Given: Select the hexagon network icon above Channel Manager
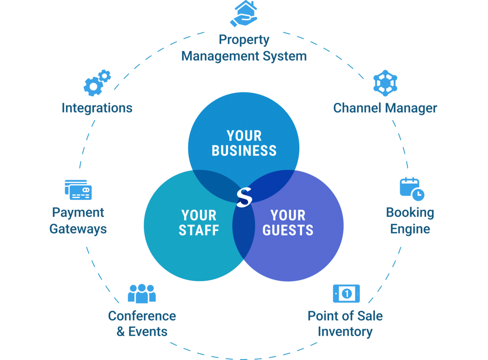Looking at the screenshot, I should (x=385, y=83).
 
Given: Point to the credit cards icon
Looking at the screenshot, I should (x=78, y=190).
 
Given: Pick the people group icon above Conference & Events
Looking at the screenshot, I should (x=142, y=293).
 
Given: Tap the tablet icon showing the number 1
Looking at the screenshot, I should (x=346, y=293).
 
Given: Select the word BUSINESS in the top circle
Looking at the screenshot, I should (x=244, y=151).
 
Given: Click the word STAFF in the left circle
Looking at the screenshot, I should (x=199, y=230).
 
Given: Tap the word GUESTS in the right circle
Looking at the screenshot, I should (x=288, y=230).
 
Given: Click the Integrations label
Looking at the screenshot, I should (x=97, y=108).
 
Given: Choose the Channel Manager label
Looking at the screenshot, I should (x=385, y=108).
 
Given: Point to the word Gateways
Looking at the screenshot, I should (x=78, y=229).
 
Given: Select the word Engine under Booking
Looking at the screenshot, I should (x=410, y=229).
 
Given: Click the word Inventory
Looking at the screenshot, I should (x=345, y=332).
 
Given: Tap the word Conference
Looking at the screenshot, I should (x=142, y=316).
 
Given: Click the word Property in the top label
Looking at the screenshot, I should (x=244, y=40).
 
